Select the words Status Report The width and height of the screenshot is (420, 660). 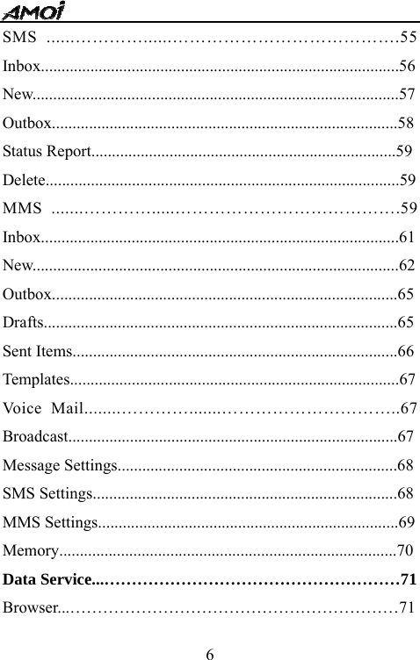tap(47, 151)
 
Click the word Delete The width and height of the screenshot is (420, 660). tap(25, 180)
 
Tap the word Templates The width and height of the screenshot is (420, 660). tap(36, 379)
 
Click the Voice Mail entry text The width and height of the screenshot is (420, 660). tap(44, 408)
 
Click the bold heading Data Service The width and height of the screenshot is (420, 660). tap(51, 579)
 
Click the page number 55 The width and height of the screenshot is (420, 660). tap(408, 38)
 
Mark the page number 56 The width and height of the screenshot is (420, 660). tap(408, 66)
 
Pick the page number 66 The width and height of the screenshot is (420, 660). tap(406, 351)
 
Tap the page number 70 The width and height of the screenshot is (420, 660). tap(405, 550)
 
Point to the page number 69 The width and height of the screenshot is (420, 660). tap(407, 522)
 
